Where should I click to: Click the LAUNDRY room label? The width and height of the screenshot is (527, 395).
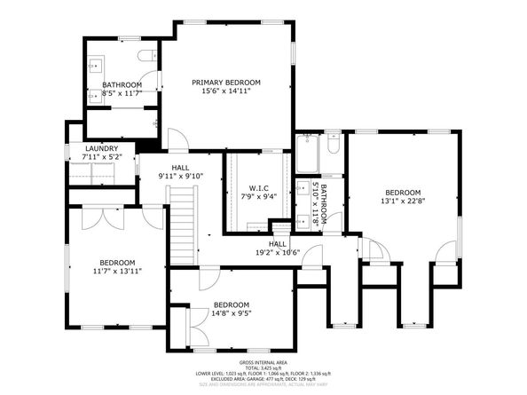[101, 149]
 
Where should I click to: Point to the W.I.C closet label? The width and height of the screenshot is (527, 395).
[258, 189]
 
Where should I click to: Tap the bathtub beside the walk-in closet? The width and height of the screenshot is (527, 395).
[308, 153]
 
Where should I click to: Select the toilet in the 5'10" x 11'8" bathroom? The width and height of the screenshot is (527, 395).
[333, 144]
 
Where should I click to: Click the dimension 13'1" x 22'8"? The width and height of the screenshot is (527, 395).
[402, 201]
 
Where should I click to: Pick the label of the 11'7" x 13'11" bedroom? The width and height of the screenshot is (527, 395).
[117, 262]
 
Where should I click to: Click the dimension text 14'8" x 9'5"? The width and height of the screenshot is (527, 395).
[232, 312]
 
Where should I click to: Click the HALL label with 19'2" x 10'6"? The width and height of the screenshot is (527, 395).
[278, 243]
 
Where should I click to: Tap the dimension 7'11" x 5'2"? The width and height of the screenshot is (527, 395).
[101, 157]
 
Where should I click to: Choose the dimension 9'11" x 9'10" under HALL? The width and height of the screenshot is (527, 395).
[181, 176]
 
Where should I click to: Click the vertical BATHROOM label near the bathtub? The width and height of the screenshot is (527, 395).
[326, 205]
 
